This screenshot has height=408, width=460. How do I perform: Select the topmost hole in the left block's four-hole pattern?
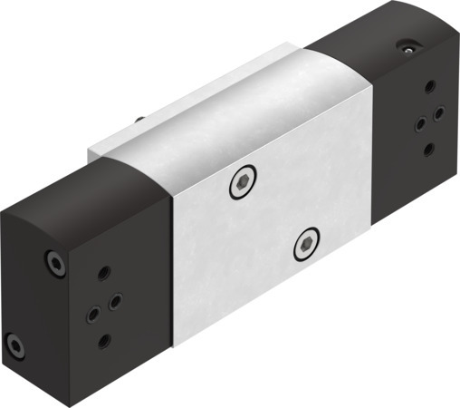coord(102,272)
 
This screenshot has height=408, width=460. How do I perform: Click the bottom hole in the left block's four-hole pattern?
coord(104,340)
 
